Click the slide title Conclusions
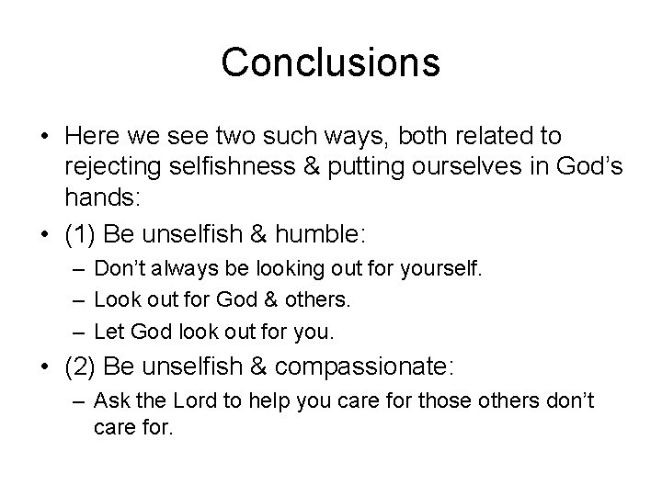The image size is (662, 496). [x=331, y=62]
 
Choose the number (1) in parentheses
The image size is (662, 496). [x=81, y=235]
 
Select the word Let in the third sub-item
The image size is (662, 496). [x=108, y=329]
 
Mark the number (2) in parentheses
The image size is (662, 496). [x=81, y=367]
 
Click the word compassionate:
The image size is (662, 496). [x=366, y=367]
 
